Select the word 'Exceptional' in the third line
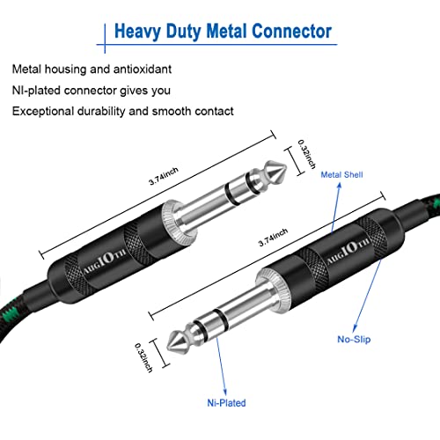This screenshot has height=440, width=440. [x=44, y=111]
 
